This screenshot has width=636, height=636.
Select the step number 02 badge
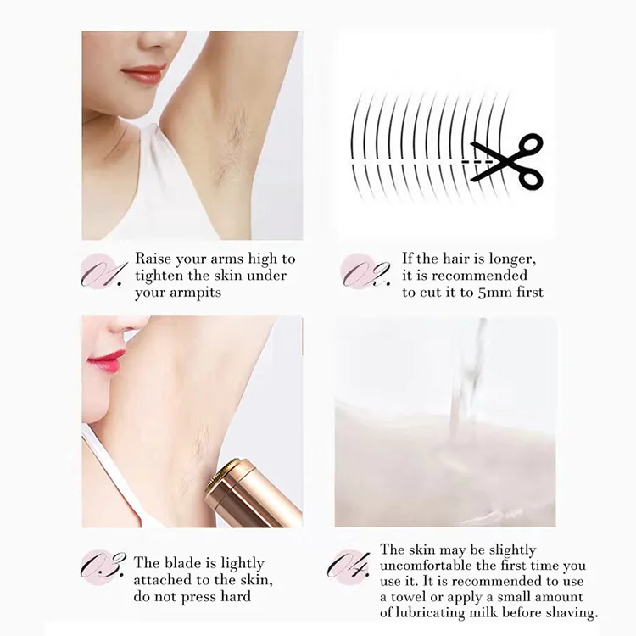click(x=365, y=272)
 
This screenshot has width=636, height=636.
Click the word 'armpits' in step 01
click(x=196, y=293)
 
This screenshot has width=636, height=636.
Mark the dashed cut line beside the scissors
click(x=477, y=162)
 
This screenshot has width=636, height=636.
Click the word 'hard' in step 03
click(x=236, y=597)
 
